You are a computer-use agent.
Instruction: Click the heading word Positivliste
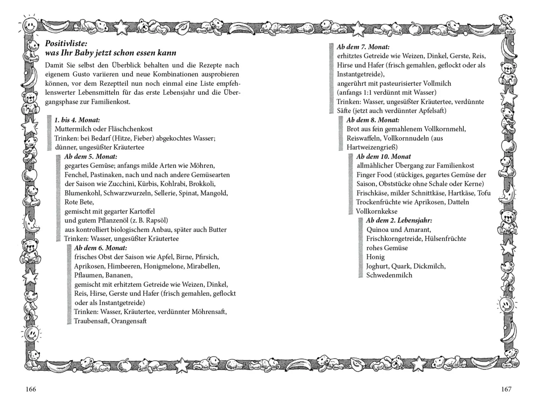tap(66, 44)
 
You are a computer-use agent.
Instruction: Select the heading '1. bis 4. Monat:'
tap(77, 120)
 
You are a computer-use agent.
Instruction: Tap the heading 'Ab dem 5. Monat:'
tap(91, 157)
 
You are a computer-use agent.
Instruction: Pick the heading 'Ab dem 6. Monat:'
tap(100, 248)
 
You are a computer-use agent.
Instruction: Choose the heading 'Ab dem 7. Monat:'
tap(363, 47)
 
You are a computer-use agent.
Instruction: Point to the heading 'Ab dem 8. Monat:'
tap(373, 120)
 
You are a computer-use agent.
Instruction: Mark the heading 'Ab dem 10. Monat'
tap(384, 157)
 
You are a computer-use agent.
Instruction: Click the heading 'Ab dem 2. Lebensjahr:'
tap(399, 220)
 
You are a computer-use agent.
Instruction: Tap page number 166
tap(31, 389)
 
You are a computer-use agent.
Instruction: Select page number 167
tap(506, 389)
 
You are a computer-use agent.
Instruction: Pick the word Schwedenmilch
tap(389, 275)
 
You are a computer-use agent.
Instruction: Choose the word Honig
tap(375, 257)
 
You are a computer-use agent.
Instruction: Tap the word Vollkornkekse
tap(377, 211)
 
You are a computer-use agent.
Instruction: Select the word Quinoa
tap(377, 229)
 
